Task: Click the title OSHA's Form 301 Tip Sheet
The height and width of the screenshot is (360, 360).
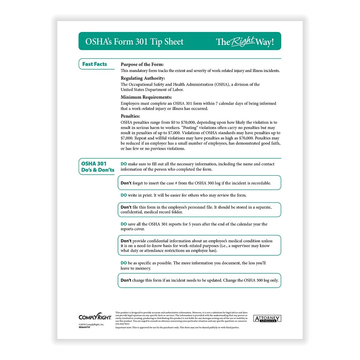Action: [134, 42]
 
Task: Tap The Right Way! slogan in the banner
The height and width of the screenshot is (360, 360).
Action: [245, 42]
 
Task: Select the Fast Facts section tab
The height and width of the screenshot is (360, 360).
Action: [95, 64]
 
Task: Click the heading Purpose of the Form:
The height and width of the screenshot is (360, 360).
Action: [142, 64]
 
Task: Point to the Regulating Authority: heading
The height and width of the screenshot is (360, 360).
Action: [143, 78]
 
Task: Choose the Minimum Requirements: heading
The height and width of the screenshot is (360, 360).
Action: [146, 97]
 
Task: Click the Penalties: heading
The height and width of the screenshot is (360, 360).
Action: [130, 116]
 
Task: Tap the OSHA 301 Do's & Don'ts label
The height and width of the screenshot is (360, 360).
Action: [97, 167]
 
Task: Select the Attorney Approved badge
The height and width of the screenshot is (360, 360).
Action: [267, 319]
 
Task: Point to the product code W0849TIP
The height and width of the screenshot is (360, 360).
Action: [84, 328]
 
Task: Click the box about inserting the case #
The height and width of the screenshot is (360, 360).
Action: [199, 183]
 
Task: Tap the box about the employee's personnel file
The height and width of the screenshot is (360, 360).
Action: [199, 210]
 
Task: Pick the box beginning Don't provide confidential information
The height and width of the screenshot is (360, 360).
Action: [199, 246]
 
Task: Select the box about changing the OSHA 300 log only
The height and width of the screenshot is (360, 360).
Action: [199, 280]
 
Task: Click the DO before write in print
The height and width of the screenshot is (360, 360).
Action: [124, 195]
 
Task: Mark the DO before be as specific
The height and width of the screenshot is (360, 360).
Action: [124, 263]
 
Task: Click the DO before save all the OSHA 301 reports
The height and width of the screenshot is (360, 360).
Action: [124, 224]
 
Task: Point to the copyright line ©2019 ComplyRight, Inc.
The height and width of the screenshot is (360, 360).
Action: [91, 325]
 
